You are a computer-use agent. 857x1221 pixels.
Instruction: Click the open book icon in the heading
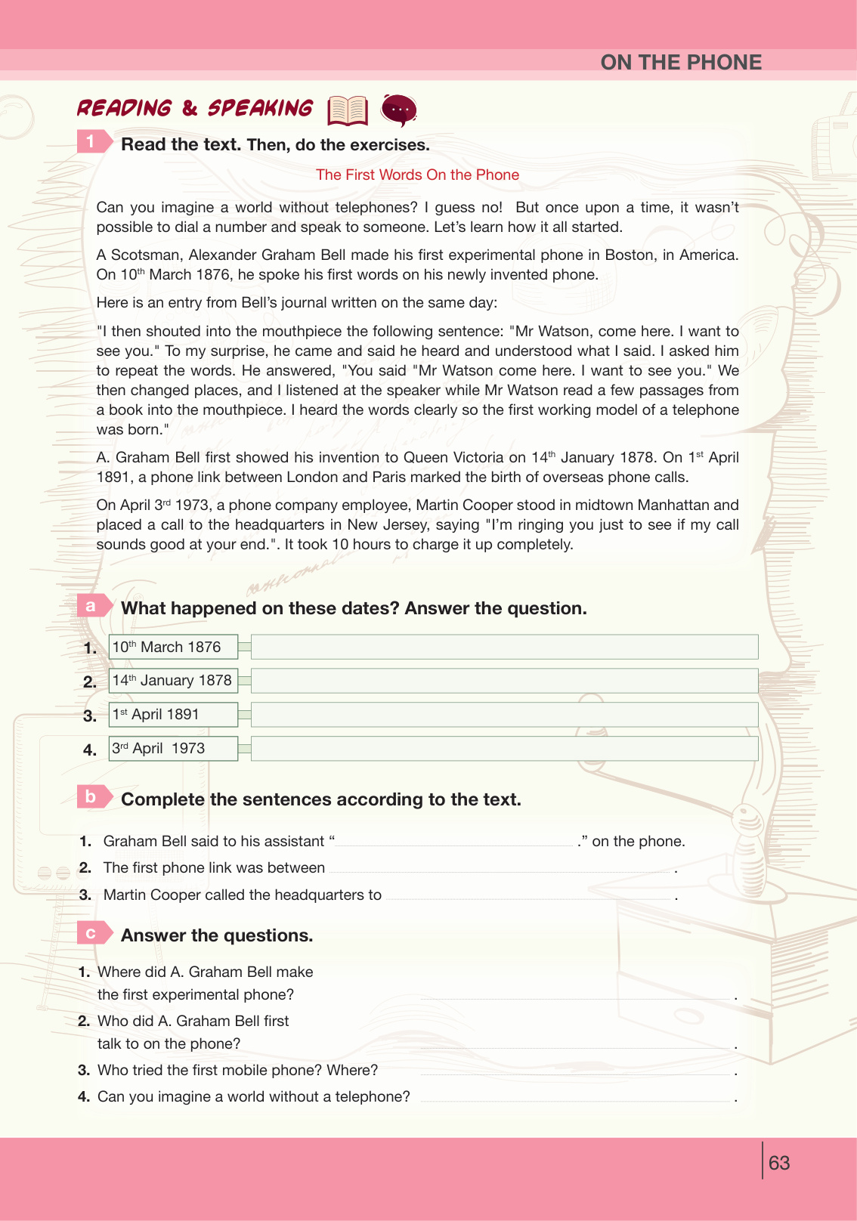click(x=348, y=110)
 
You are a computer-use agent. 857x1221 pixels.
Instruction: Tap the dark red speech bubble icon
click(x=399, y=110)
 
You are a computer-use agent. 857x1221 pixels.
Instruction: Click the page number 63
click(x=778, y=1163)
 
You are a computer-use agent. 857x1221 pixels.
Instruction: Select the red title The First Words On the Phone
click(x=417, y=175)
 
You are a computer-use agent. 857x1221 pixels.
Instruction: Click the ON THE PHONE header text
click(x=681, y=62)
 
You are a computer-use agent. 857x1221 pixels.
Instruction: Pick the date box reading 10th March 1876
click(x=173, y=647)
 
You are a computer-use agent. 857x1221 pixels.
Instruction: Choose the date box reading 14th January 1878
click(x=173, y=681)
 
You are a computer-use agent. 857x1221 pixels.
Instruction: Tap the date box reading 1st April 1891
click(x=173, y=715)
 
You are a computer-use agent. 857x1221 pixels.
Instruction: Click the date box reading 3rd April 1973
click(x=173, y=749)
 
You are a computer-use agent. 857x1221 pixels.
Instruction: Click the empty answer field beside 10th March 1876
click(x=504, y=647)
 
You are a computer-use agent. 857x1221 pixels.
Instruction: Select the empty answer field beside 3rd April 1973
click(x=504, y=749)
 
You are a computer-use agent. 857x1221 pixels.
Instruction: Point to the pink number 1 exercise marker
click(x=93, y=141)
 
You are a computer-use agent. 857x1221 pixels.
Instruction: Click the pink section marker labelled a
click(x=93, y=605)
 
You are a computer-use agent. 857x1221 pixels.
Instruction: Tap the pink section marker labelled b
click(x=93, y=796)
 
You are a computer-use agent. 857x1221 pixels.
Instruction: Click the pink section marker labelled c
click(x=93, y=933)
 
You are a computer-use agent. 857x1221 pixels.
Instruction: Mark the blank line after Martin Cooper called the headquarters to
click(x=529, y=896)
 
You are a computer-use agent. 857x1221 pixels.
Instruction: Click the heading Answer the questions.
click(x=217, y=935)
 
